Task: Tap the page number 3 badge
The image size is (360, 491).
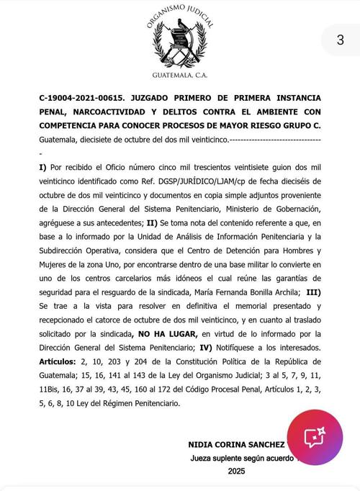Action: coord(340,40)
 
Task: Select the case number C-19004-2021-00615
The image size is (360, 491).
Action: coord(81,96)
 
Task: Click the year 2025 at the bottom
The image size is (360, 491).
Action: coord(235,472)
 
